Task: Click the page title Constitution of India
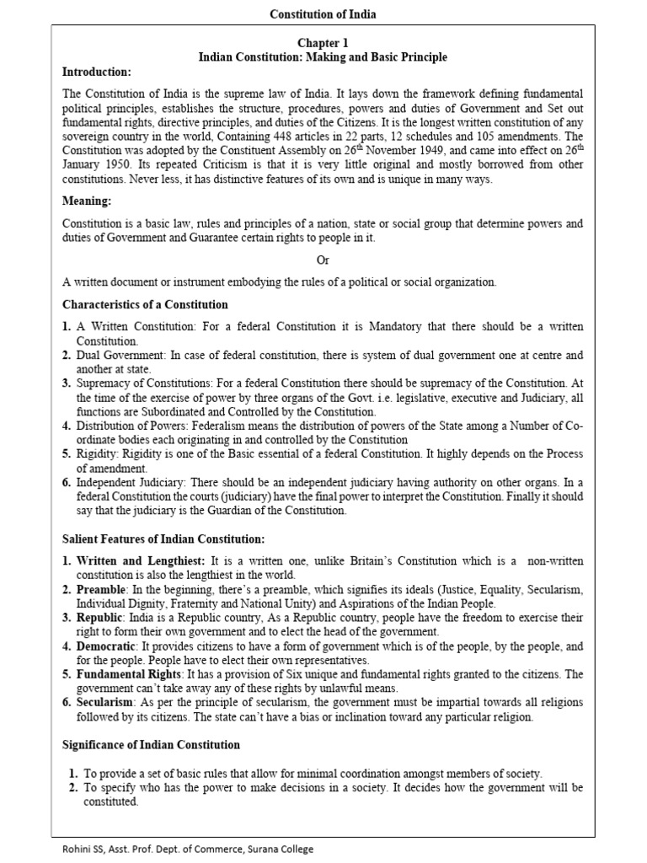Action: pyautogui.click(x=323, y=14)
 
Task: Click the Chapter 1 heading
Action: pyautogui.click(x=323, y=42)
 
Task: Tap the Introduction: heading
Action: pyautogui.click(x=97, y=72)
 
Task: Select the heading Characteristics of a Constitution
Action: pyautogui.click(x=145, y=303)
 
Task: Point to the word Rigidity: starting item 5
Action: pyautogui.click(x=100, y=453)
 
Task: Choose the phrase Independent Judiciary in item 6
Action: pyautogui.click(x=126, y=482)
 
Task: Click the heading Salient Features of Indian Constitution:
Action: pyautogui.click(x=164, y=538)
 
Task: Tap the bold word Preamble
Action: pyautogui.click(x=102, y=590)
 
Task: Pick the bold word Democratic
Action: pyautogui.click(x=105, y=646)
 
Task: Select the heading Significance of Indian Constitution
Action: pyautogui.click(x=152, y=744)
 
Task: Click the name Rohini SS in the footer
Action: pyautogui.click(x=40, y=849)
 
